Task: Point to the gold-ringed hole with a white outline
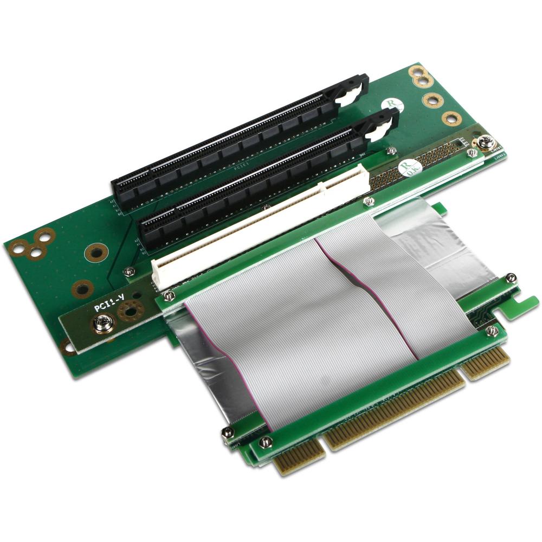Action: click(67, 347)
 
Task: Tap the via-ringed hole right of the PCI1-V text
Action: click(129, 310)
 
